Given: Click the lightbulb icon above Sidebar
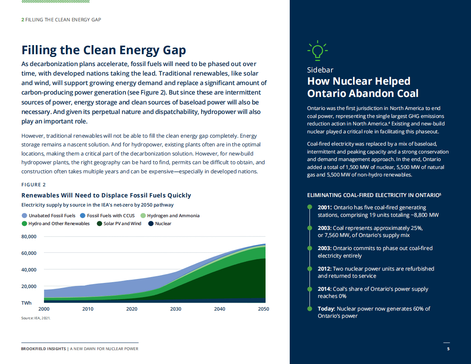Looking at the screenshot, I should pos(317,51).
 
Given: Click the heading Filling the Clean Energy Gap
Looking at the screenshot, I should pos(103,50).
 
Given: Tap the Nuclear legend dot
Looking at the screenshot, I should pos(151,224).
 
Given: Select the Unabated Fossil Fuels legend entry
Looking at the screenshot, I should pos(48,216).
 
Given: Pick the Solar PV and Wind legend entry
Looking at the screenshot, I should pos(119,224).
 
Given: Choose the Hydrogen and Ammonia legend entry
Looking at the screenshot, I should pos(170,216).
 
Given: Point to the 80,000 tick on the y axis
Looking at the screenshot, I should pos(28,237).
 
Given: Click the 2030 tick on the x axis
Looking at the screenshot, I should pos(176,309).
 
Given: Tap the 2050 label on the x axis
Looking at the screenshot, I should pos(264,309).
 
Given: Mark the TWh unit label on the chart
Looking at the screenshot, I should pos(27,303).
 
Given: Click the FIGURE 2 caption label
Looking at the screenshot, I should pos(34,185).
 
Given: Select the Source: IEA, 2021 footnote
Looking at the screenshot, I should pos(36,318).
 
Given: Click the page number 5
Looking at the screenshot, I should pos(448,349).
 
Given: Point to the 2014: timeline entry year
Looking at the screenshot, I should pos(324,289).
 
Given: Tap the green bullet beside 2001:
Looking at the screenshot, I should pos(310,207).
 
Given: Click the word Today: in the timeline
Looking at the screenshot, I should pos(327,309).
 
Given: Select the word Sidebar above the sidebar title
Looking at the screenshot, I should pos(320,70).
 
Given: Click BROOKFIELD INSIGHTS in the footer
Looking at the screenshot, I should pos(44,349).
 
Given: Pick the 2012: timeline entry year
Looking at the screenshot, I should pos(325,269).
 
